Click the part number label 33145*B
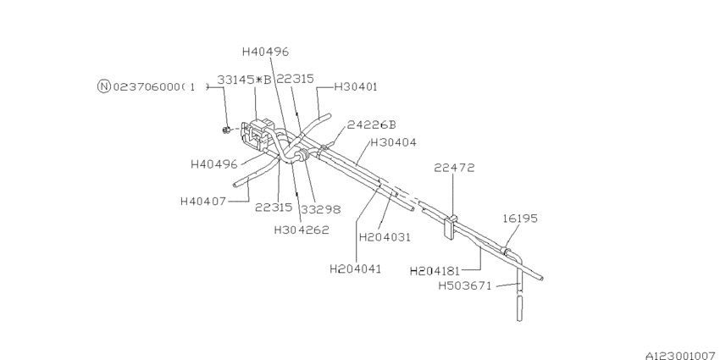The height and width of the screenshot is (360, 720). point(244,80)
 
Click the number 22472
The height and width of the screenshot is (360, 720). point(455,168)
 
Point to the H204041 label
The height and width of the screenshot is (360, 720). point(356,269)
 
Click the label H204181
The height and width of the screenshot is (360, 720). point(435,271)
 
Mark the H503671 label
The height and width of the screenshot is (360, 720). point(465,286)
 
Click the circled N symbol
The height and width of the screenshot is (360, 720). point(103,86)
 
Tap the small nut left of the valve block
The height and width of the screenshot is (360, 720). point(227,130)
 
